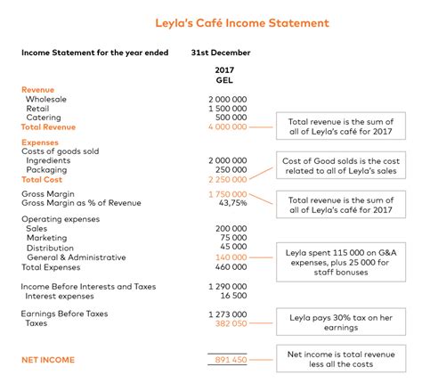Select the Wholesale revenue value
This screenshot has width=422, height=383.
click(228, 99)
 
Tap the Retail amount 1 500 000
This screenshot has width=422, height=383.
click(228, 108)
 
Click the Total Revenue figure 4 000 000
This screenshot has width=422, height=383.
click(228, 127)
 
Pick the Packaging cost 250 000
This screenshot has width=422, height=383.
click(231, 169)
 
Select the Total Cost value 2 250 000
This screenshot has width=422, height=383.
click(228, 179)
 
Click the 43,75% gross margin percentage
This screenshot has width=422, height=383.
click(233, 203)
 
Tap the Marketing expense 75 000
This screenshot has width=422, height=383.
click(233, 238)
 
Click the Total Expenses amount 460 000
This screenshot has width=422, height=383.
click(231, 266)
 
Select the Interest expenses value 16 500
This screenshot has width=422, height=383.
click(233, 295)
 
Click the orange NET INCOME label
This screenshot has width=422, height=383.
click(48, 359)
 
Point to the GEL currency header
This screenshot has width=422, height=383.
click(224, 79)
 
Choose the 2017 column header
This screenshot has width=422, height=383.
click(224, 69)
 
